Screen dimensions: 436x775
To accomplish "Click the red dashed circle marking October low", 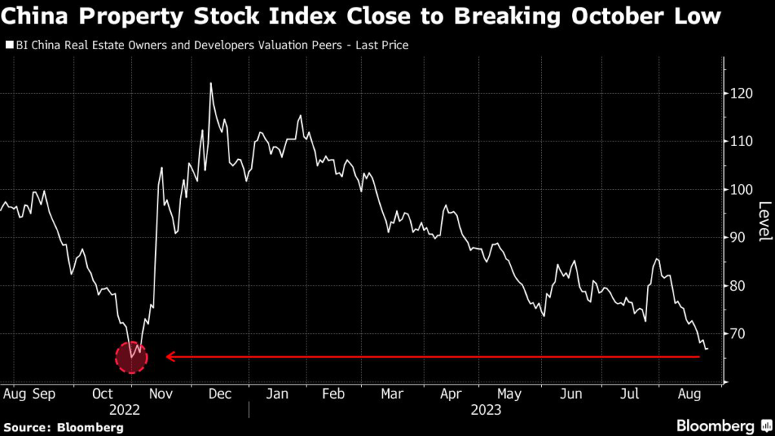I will [x=131, y=357].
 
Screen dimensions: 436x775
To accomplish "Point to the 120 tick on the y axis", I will [x=743, y=93].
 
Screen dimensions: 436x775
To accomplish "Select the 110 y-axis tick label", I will [x=743, y=142].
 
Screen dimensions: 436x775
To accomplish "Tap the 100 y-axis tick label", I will [x=743, y=189].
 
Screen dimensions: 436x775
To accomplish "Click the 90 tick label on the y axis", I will [x=740, y=238].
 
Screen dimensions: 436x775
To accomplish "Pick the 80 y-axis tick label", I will [x=740, y=286].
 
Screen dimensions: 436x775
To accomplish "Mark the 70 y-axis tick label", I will [x=740, y=334].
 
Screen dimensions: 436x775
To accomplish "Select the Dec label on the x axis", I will [x=219, y=394].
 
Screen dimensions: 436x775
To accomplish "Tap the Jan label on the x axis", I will [x=279, y=394].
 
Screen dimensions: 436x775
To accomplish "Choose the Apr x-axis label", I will [x=452, y=394].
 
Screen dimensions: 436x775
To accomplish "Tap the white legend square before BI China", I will [x=9, y=45].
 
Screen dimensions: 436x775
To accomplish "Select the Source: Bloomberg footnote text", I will [x=63, y=428].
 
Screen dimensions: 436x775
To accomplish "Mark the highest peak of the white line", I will [x=210, y=83].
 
